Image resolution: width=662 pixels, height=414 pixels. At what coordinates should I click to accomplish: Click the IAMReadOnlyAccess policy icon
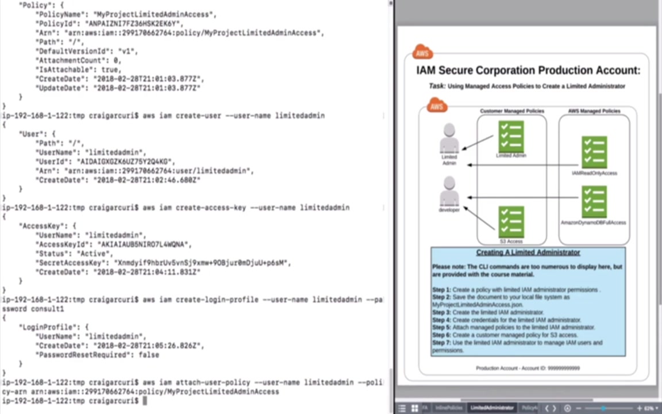(594, 152)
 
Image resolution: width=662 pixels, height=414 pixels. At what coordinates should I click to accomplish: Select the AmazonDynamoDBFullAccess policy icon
(594, 201)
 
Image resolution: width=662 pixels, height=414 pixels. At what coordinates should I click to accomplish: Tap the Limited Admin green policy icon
(511, 136)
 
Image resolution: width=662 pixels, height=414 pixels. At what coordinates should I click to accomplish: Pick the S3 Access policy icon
(511, 222)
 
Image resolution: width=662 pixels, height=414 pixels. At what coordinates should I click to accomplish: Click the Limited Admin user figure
(449, 139)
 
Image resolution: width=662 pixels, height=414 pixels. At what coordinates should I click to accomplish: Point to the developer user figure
(449, 191)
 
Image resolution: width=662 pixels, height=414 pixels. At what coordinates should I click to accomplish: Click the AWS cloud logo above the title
(422, 53)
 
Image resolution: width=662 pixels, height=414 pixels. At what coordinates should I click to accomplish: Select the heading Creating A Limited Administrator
(528, 252)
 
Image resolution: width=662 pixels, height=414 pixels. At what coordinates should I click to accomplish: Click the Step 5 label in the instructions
(441, 327)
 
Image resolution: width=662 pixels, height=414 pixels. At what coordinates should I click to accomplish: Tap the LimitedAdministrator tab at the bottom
(492, 408)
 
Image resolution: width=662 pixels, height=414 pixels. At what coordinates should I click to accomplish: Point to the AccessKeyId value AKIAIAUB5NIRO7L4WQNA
(144, 244)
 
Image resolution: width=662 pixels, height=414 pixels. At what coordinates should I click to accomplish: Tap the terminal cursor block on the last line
(145, 401)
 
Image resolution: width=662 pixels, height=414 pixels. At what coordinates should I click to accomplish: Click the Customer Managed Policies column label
(512, 111)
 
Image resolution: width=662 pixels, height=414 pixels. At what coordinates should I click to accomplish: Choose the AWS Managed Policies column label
(594, 111)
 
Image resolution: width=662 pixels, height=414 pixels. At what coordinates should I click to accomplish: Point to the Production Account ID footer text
(528, 368)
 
